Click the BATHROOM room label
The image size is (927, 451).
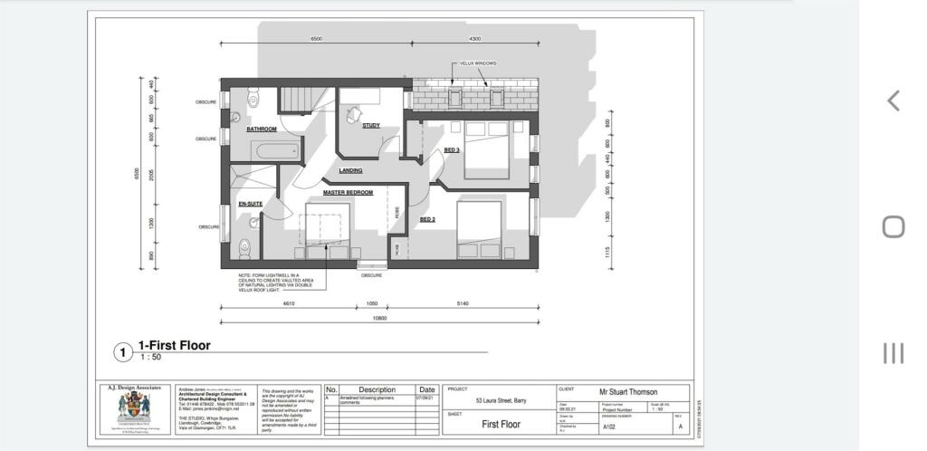pos(262,130)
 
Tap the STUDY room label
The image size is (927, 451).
pos(371,126)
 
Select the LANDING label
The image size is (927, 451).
pos(350,170)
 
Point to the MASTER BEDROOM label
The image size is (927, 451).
pos(348,192)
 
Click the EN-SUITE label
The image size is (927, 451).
pos(251,204)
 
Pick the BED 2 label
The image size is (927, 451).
pos(428,219)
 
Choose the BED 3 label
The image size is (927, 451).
pos(452,149)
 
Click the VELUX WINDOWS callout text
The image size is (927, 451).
pos(478,63)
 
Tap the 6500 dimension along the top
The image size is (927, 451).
pos(316,39)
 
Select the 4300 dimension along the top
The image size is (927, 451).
pos(475,39)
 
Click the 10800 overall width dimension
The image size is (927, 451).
pos(380,318)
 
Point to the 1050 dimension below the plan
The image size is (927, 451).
pos(371,303)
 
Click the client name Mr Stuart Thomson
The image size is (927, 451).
pos(627,391)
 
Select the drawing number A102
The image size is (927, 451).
pos(609,426)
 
